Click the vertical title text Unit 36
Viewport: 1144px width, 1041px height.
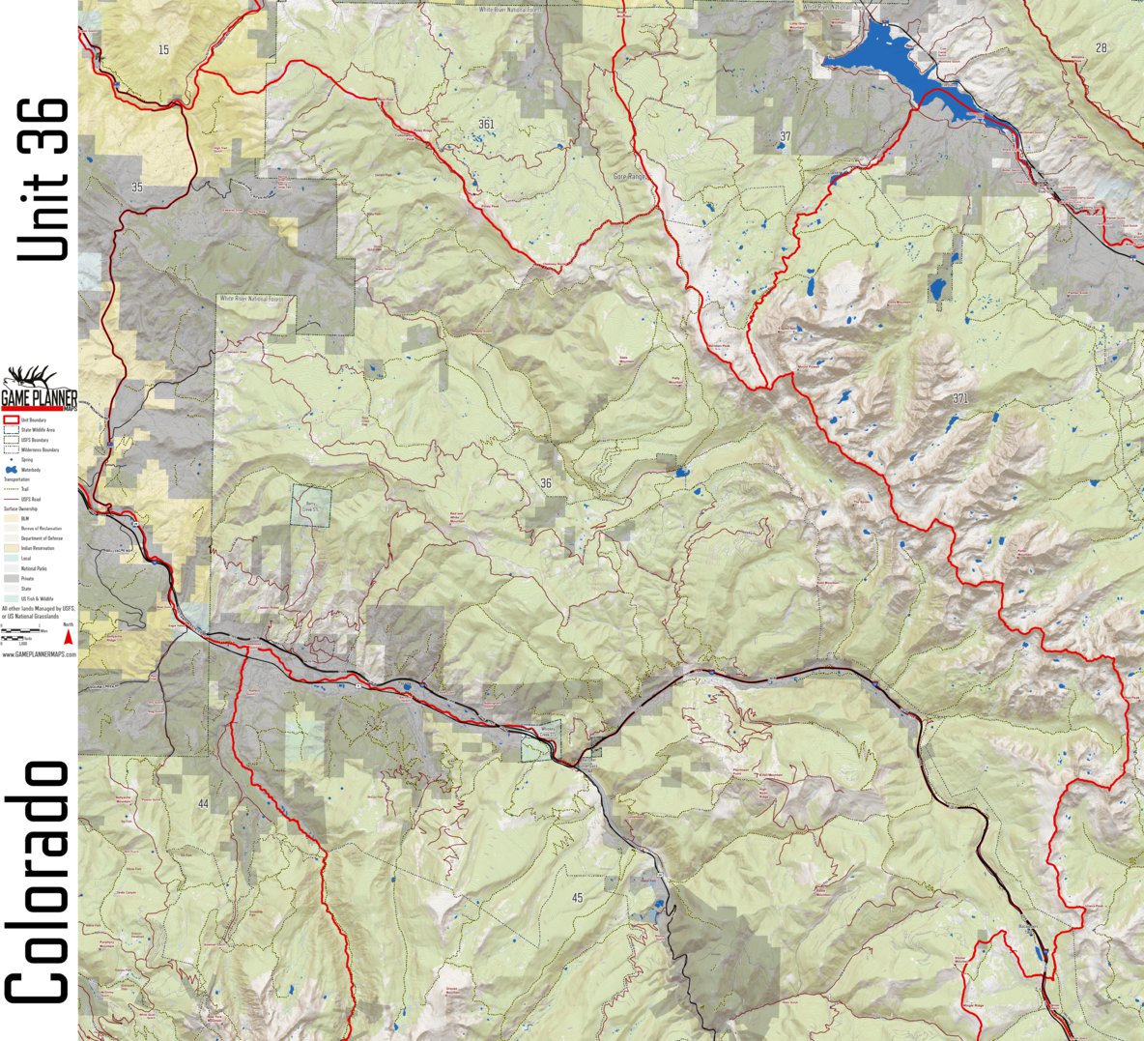point(44,179)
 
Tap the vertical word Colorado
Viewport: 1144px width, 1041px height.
point(39,882)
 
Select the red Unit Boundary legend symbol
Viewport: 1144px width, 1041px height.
point(12,420)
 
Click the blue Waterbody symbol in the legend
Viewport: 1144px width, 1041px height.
point(13,469)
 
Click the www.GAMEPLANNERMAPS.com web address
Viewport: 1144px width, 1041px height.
point(38,654)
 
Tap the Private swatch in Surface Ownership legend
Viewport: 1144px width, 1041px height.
point(12,577)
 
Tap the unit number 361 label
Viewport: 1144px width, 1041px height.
point(485,124)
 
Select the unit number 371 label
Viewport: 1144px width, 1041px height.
point(958,398)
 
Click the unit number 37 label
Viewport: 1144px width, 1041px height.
point(785,136)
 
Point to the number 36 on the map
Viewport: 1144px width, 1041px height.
point(546,483)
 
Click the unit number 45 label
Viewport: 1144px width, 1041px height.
point(578,898)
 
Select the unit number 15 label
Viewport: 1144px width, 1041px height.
point(162,49)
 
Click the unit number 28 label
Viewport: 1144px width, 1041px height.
point(1101,47)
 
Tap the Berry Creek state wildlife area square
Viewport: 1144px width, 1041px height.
point(311,506)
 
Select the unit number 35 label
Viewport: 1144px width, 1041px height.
point(136,188)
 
